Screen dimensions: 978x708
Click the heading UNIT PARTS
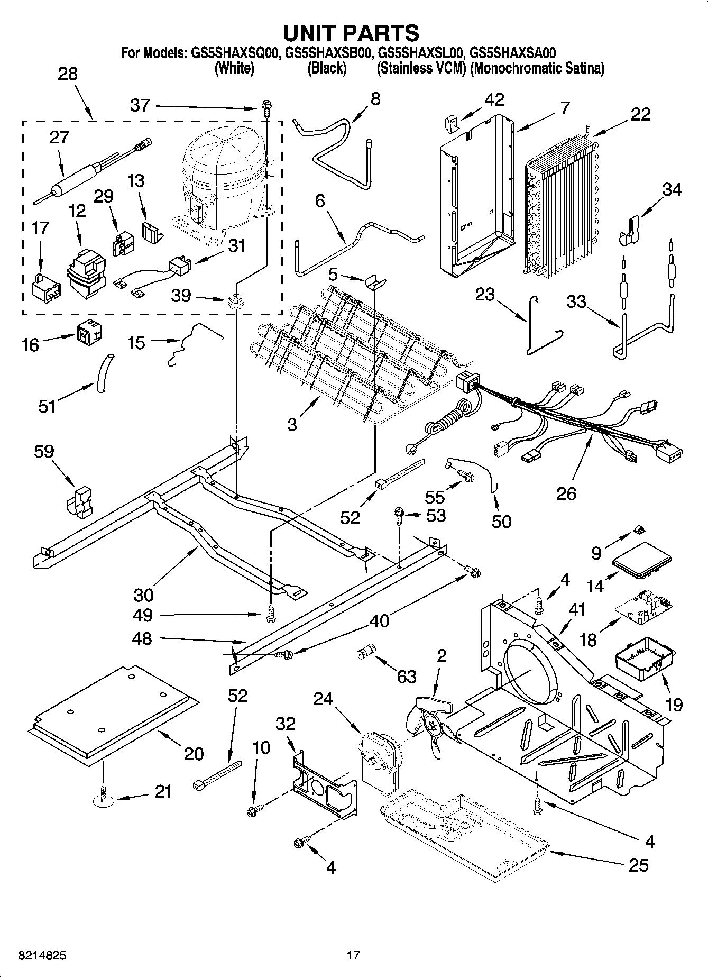(x=351, y=33)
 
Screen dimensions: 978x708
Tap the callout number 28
(x=68, y=74)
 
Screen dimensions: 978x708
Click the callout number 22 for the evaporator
(x=640, y=114)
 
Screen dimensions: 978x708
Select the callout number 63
(x=407, y=677)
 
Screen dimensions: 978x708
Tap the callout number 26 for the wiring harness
(x=566, y=493)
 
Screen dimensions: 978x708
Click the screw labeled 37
(x=266, y=108)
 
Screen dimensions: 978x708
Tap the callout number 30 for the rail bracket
(x=143, y=595)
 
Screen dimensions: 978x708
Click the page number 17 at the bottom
(x=353, y=955)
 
